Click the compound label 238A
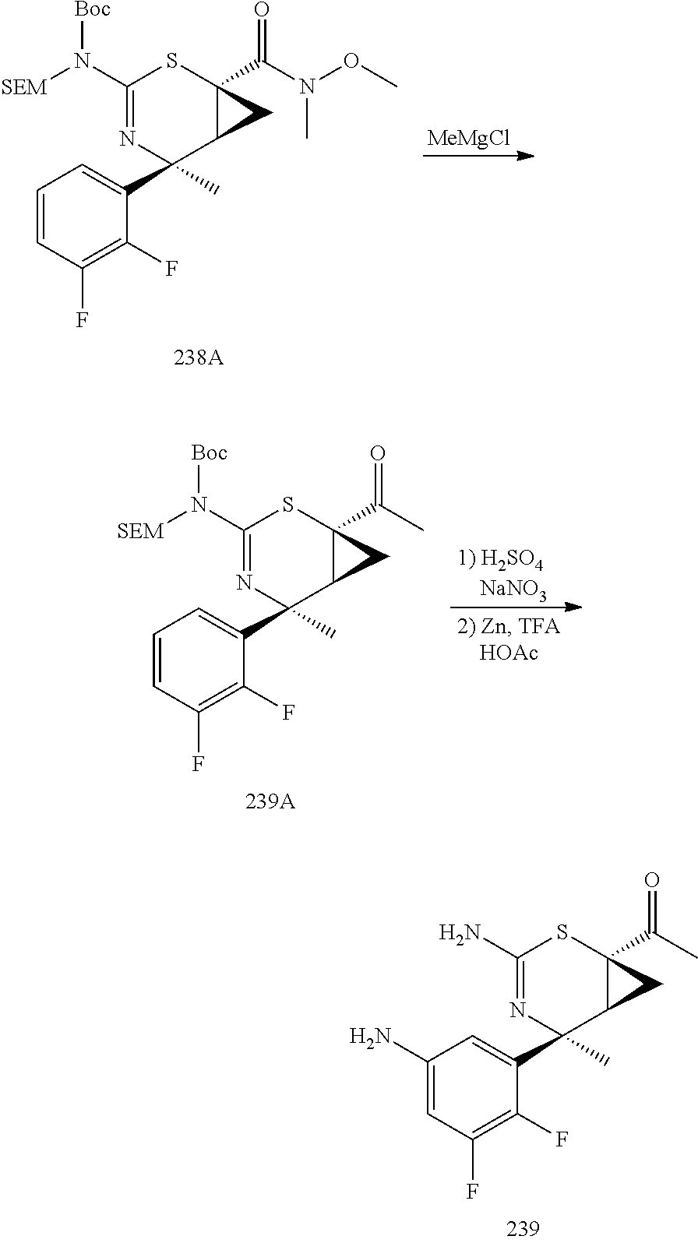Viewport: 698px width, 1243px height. point(199,359)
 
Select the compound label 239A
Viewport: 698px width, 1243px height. point(270,801)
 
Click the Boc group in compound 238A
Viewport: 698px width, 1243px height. point(93,10)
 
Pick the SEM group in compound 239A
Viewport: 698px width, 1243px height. point(141,532)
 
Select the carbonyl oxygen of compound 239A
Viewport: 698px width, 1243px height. point(378,454)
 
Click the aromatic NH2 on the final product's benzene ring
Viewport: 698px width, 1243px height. point(372,1037)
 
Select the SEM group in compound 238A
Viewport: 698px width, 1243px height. point(25,87)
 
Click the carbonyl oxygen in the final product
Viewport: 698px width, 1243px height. point(653,882)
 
